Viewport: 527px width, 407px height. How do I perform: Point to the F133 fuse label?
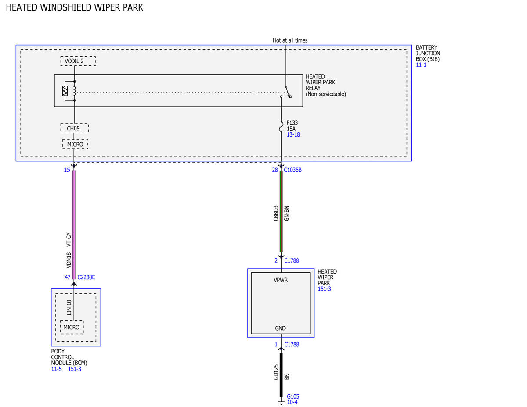click(x=292, y=123)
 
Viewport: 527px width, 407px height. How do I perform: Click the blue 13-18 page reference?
click(x=293, y=134)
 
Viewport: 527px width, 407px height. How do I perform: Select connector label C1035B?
click(x=293, y=170)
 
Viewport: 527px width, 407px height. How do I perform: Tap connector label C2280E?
click(x=86, y=277)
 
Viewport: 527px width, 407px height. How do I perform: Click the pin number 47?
click(x=68, y=277)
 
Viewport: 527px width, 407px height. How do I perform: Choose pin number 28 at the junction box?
click(x=275, y=170)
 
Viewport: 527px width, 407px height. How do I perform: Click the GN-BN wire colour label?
click(x=287, y=213)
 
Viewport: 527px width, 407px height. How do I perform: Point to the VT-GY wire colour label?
click(x=69, y=239)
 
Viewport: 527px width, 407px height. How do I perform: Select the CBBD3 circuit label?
click(x=276, y=213)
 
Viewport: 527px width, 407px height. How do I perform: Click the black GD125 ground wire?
click(x=281, y=375)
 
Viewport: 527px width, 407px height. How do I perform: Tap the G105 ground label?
click(x=293, y=396)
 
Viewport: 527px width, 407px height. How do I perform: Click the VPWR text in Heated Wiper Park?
click(x=281, y=280)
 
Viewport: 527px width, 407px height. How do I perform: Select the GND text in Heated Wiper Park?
click(x=280, y=328)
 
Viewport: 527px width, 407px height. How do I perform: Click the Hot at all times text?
click(x=290, y=40)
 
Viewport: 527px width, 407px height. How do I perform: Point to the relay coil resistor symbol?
click(x=65, y=91)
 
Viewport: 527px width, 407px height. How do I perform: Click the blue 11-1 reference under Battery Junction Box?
click(x=421, y=65)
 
